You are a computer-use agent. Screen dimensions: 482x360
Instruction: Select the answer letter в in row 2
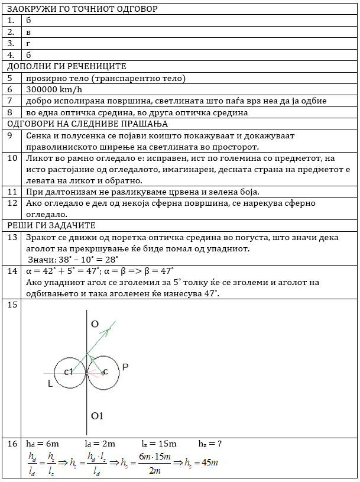(28, 31)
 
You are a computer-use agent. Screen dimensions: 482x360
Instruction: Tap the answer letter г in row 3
(28, 43)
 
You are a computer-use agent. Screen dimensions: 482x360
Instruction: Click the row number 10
(12, 158)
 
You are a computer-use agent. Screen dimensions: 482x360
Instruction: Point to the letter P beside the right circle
(125, 367)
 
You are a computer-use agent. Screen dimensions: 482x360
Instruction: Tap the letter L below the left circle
(51, 384)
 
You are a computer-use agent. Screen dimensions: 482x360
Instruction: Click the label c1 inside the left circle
(67, 371)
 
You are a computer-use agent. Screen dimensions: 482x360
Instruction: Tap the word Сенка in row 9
(40, 135)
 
